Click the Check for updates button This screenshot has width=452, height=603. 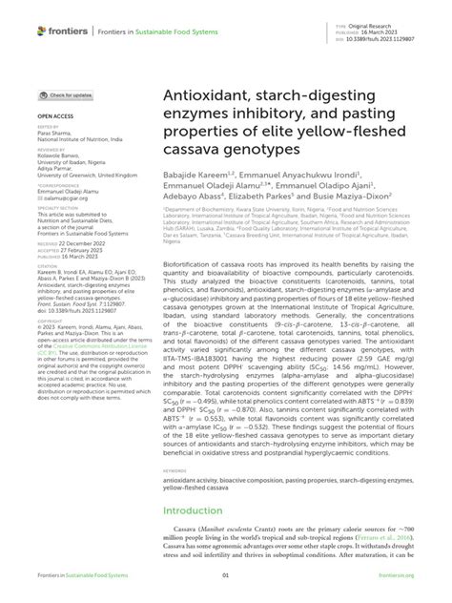65,95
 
